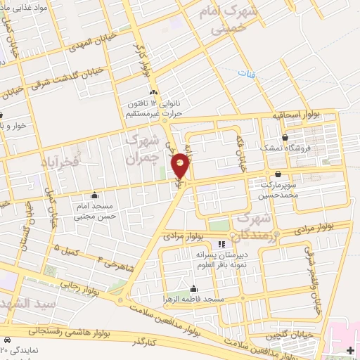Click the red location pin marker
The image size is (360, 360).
click(x=181, y=165)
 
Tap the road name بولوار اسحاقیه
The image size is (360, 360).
click(x=297, y=115)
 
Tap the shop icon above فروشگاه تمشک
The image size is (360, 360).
click(x=284, y=137)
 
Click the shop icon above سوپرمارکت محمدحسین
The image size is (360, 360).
click(x=278, y=174)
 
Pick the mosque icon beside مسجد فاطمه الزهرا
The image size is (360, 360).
click(x=193, y=289)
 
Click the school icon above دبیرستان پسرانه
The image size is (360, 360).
click(x=222, y=244)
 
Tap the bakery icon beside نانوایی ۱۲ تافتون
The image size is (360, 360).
click(x=153, y=91)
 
